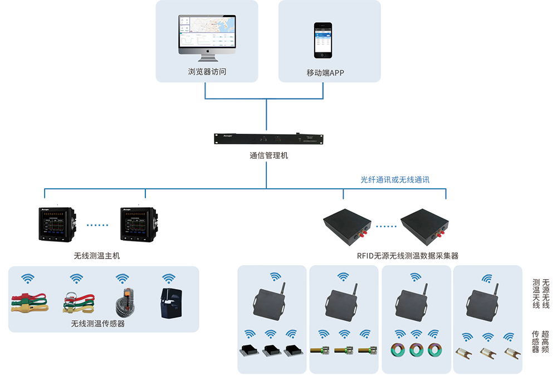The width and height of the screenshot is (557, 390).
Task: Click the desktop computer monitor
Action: coord(207,36)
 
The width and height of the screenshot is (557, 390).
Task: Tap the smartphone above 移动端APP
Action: coord(323,40)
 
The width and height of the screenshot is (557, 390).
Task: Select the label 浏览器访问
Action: coord(207,72)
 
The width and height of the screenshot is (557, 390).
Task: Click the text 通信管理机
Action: coord(268,156)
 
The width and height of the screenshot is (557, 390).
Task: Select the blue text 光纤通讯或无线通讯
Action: coord(395,180)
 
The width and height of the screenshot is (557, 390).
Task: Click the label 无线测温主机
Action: coord(97,256)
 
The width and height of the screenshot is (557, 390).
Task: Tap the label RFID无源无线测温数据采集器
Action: coord(407,256)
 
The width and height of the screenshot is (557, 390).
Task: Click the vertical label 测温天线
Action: coord(536,294)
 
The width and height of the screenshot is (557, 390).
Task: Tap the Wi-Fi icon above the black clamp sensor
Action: coord(168,278)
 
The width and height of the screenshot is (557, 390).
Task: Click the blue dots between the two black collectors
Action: coord(386,226)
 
